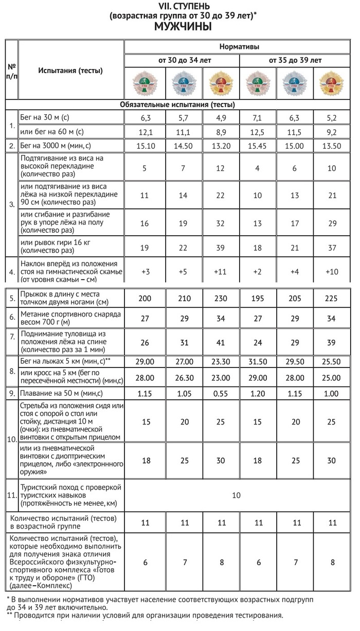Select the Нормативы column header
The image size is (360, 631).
(x=239, y=47)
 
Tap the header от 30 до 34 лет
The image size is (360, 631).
(x=184, y=60)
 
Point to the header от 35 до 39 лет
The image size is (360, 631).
(x=295, y=60)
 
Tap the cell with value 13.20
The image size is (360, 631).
(x=221, y=145)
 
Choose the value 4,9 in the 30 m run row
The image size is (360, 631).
(x=221, y=117)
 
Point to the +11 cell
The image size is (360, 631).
(x=221, y=271)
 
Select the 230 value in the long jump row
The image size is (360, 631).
(x=221, y=299)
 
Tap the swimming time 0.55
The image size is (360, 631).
(x=221, y=393)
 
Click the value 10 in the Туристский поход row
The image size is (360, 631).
(x=236, y=495)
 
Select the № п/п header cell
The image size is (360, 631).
(x=11, y=71)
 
